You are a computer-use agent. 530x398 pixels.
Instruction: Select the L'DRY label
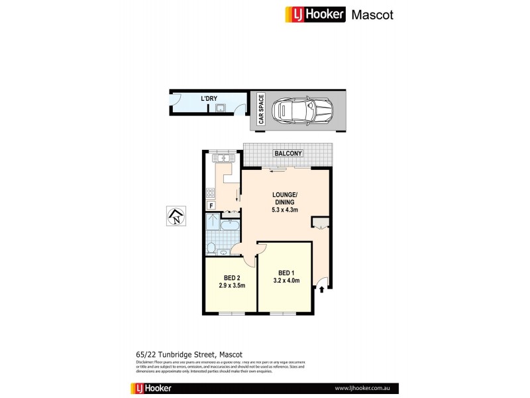(210, 99)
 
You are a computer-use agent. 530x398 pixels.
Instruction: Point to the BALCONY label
(289, 154)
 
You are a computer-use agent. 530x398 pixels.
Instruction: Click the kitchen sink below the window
(223, 159)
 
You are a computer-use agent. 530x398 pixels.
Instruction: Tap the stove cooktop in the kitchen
(211, 193)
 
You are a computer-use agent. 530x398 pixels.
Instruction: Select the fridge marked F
(211, 206)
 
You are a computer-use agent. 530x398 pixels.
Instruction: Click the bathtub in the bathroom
(230, 226)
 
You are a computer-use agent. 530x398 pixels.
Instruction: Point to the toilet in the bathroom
(211, 248)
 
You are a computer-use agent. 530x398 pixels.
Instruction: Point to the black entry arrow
(322, 289)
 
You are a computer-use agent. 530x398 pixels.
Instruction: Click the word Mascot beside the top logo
(372, 14)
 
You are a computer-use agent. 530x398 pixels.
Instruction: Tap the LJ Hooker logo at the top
(315, 14)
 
